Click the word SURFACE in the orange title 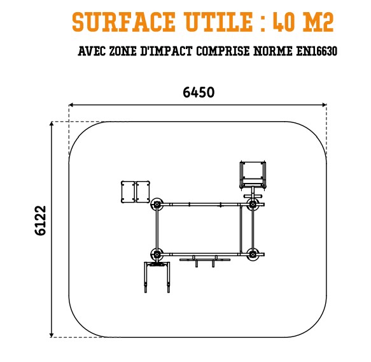(x=123, y=22)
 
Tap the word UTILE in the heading (x=219, y=22)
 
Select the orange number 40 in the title (x=284, y=22)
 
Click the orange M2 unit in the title (x=318, y=22)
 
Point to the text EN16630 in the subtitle (x=316, y=51)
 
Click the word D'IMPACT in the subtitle (x=166, y=51)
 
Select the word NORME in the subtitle (x=272, y=51)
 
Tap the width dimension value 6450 (x=199, y=92)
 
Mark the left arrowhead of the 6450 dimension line (x=71, y=105)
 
